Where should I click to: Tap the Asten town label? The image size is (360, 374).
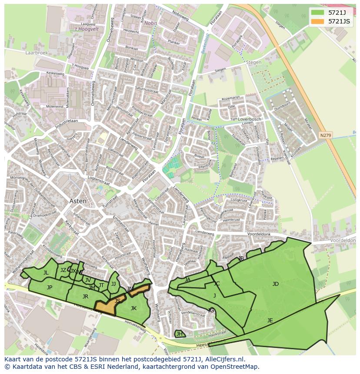click(x=78, y=201)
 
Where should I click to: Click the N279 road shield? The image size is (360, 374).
click(x=325, y=135)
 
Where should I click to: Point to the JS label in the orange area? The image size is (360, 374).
click(x=117, y=301)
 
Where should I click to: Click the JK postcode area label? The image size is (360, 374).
click(x=133, y=308)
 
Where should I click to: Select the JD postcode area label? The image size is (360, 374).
click(x=275, y=284)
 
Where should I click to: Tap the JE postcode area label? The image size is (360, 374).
click(x=270, y=321)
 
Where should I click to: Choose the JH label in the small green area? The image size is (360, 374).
click(x=179, y=334)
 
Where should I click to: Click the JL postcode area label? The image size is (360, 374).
click(x=46, y=273)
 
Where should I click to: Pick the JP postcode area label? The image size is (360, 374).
click(x=50, y=287)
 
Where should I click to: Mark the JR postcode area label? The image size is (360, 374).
click(x=85, y=297)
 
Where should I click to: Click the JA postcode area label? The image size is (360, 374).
click(x=187, y=280)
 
